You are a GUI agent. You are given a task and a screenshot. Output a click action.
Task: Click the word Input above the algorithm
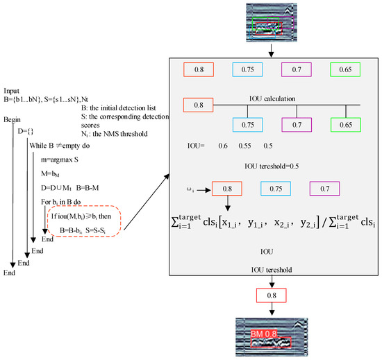pyautogui.click(x=12, y=91)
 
